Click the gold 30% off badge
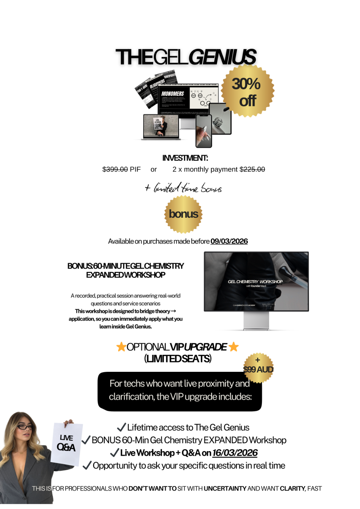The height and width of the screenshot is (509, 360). point(247,91)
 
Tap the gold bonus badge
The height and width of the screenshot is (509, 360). point(183,214)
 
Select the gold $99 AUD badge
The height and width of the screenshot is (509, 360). point(259,368)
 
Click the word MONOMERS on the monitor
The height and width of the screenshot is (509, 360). point(173,94)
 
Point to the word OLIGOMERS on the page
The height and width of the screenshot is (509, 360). point(157,84)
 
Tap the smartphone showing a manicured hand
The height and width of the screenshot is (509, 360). point(204,131)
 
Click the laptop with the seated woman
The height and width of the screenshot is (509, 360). point(161,126)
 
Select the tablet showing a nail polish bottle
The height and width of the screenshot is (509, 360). point(220,119)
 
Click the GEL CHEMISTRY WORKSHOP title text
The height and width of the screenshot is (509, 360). point(255,281)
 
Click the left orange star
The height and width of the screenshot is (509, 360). point(121,347)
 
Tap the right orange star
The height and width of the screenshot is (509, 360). point(233,347)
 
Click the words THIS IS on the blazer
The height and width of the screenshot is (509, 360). point(41,488)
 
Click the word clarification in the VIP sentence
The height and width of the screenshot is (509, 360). point(131,397)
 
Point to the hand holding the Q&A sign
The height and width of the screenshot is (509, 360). point(68,422)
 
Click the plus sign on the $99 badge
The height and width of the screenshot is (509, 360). point(257,360)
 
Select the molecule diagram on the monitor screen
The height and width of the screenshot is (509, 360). point(203,98)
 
